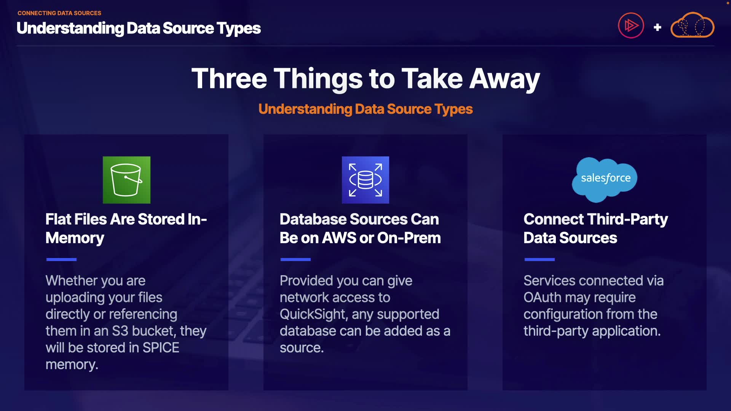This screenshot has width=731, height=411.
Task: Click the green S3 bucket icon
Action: (126, 180)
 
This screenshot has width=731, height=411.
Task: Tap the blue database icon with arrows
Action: (365, 180)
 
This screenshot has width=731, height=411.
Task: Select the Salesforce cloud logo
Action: (605, 179)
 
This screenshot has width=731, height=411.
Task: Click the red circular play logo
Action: (631, 26)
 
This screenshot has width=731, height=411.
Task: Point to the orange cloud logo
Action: (692, 26)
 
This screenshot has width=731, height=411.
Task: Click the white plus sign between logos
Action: (657, 27)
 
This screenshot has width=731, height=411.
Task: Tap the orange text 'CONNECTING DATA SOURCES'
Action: (59, 13)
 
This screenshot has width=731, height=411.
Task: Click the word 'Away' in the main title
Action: (504, 78)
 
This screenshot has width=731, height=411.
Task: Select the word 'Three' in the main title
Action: (229, 78)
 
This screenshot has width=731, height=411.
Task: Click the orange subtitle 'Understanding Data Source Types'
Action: (365, 109)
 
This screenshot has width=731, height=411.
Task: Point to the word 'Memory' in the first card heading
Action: (75, 238)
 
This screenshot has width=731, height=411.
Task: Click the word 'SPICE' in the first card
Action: (161, 348)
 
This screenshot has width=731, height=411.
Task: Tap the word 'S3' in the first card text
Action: (120, 331)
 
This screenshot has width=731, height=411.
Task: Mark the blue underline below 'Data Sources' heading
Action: (539, 260)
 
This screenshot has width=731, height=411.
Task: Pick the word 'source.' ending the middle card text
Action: (302, 348)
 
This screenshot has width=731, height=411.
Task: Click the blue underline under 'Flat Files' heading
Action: (61, 260)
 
